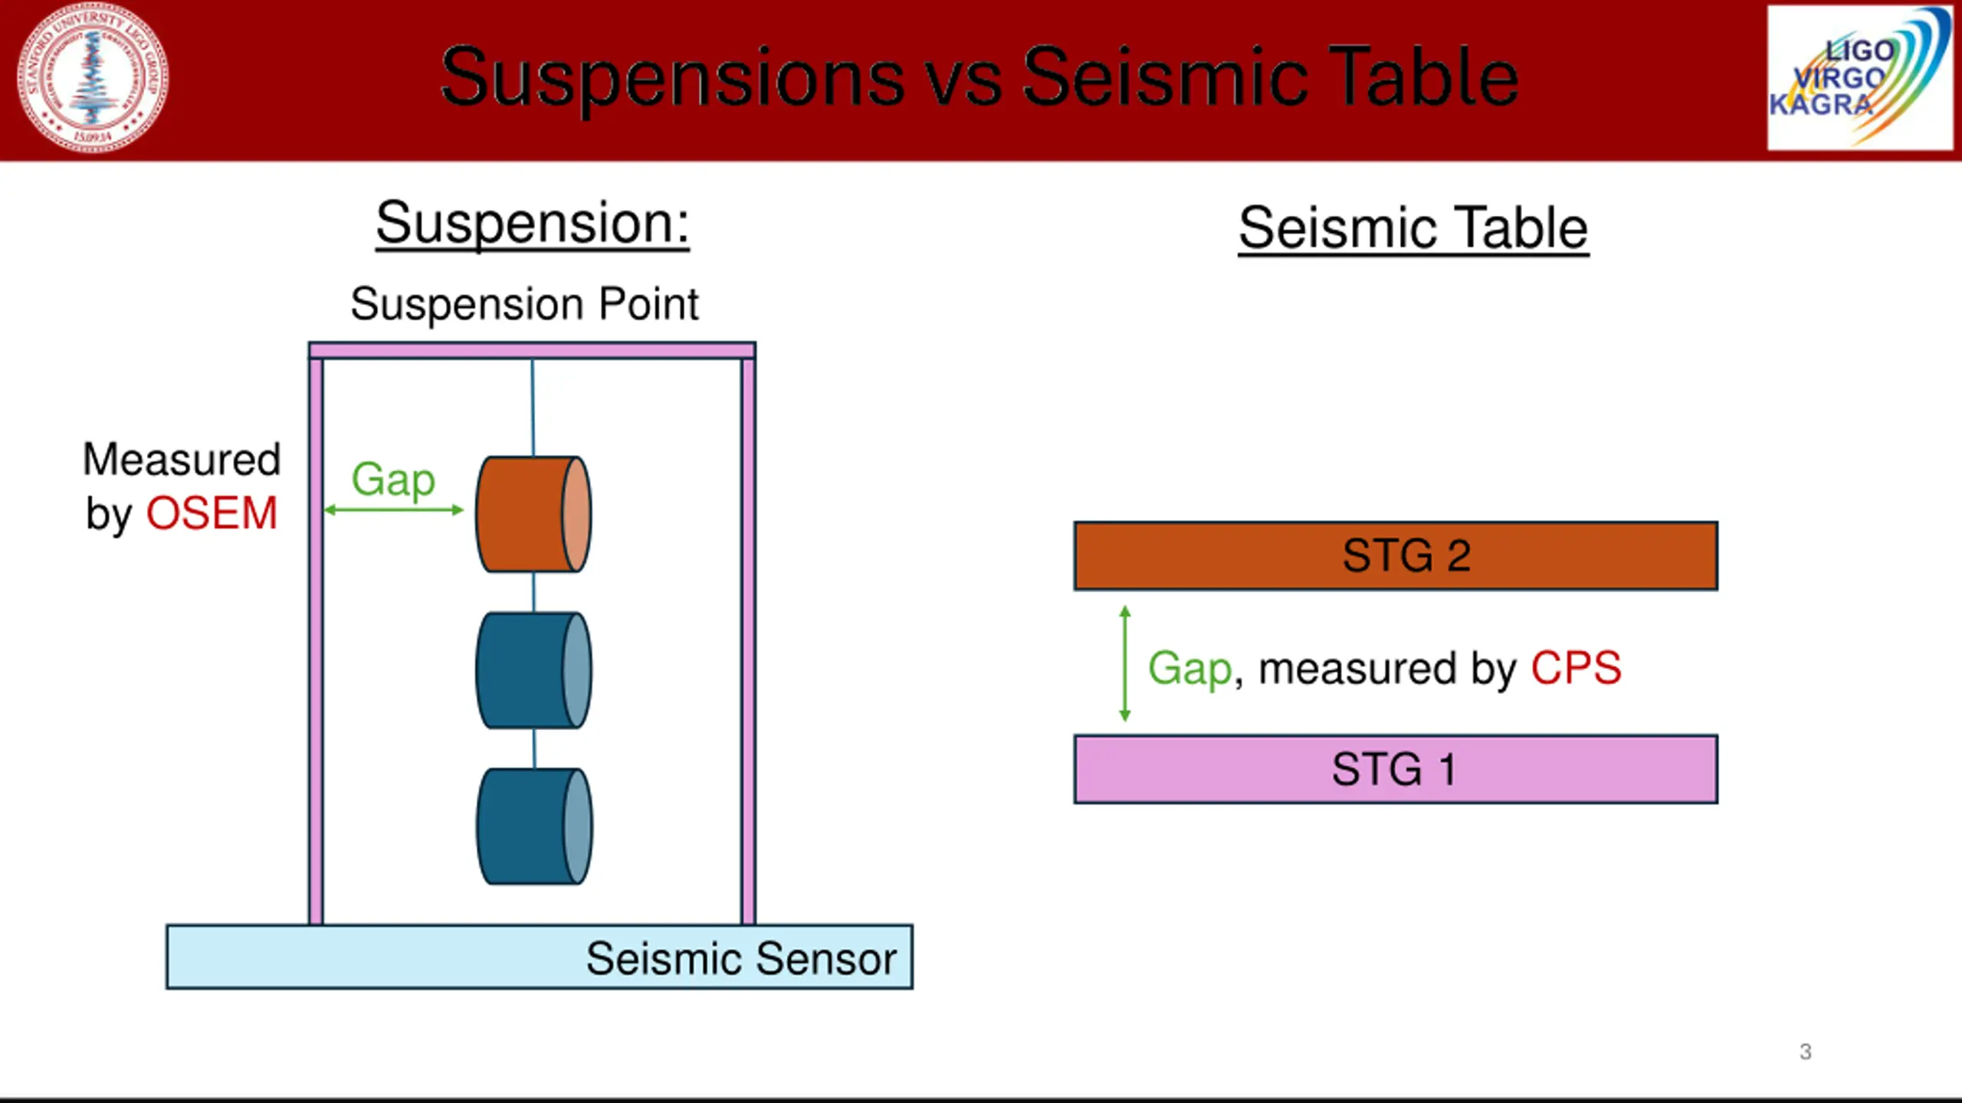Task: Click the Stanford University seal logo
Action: coord(93,77)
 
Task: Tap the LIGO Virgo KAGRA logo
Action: coord(1859,77)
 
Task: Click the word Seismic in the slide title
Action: coord(1165,77)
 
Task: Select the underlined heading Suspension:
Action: coord(532,223)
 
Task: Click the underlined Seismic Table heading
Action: coord(1413,228)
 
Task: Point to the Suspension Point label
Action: coord(524,304)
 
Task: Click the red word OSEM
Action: coord(212,513)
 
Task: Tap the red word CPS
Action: coord(1576,668)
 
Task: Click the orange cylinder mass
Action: coord(533,514)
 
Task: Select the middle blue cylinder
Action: coord(533,670)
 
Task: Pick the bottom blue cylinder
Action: coord(533,826)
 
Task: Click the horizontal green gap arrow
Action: coord(394,510)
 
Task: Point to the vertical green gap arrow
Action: coord(1124,663)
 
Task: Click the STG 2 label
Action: coord(1406,555)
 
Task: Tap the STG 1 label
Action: coord(1393,769)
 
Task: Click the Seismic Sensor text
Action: coord(741,958)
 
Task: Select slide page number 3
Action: coord(1805,1052)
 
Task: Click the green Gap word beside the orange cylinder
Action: coord(393,479)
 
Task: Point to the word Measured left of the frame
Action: coord(182,460)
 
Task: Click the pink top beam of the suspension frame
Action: coord(532,351)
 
